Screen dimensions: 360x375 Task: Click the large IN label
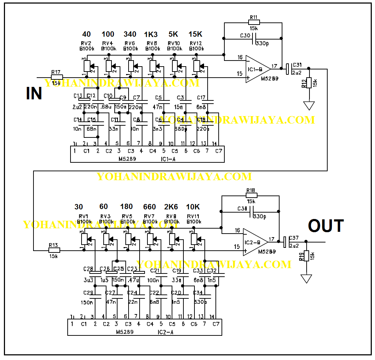coord(34,93)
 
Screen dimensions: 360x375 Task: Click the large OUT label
coord(326,226)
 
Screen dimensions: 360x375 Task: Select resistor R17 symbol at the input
coord(57,77)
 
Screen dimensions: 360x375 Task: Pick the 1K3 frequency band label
coord(151,35)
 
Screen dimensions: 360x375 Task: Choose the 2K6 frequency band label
coord(171,207)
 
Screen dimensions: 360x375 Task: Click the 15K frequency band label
coord(196,35)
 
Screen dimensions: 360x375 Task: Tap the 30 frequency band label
coord(79,207)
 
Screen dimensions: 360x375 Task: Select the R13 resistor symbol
coord(53,250)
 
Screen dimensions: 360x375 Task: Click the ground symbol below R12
coord(309,105)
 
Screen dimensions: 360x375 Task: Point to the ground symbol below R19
coord(306,278)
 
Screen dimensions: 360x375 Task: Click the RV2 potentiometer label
coord(86,43)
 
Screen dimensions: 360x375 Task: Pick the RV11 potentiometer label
coord(194,216)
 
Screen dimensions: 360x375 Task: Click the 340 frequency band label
coord(130,35)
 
